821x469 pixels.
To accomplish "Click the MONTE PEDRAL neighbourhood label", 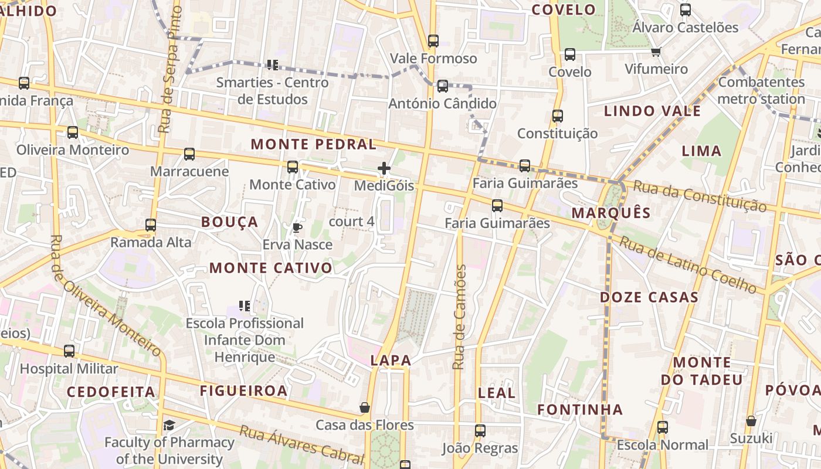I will pos(314,144).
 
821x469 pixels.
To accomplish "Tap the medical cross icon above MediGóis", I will pos(384,169).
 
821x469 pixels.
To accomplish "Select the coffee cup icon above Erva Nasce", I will pos(297,227).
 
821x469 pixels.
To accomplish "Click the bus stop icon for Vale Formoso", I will pos(433,41).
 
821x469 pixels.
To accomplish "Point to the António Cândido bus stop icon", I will pos(443,86).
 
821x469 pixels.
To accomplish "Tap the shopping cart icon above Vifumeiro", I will pos(656,52).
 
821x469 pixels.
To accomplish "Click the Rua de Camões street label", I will pos(460,317).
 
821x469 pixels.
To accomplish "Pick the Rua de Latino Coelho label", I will pos(688,264).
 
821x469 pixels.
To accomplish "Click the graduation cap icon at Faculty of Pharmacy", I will pos(169,425).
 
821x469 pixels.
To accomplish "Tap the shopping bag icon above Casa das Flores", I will pos(365,407).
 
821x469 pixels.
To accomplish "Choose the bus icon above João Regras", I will pos(480,431).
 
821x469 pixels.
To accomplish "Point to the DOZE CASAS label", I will pos(649,297).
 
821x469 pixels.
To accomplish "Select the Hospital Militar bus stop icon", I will pos(69,351).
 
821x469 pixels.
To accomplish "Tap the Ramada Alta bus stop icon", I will pos(151,225).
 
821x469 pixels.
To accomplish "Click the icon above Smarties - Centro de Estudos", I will pos(272,64).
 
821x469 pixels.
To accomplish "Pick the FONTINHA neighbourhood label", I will pos(580,409).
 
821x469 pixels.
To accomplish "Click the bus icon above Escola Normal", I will pos(663,427).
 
